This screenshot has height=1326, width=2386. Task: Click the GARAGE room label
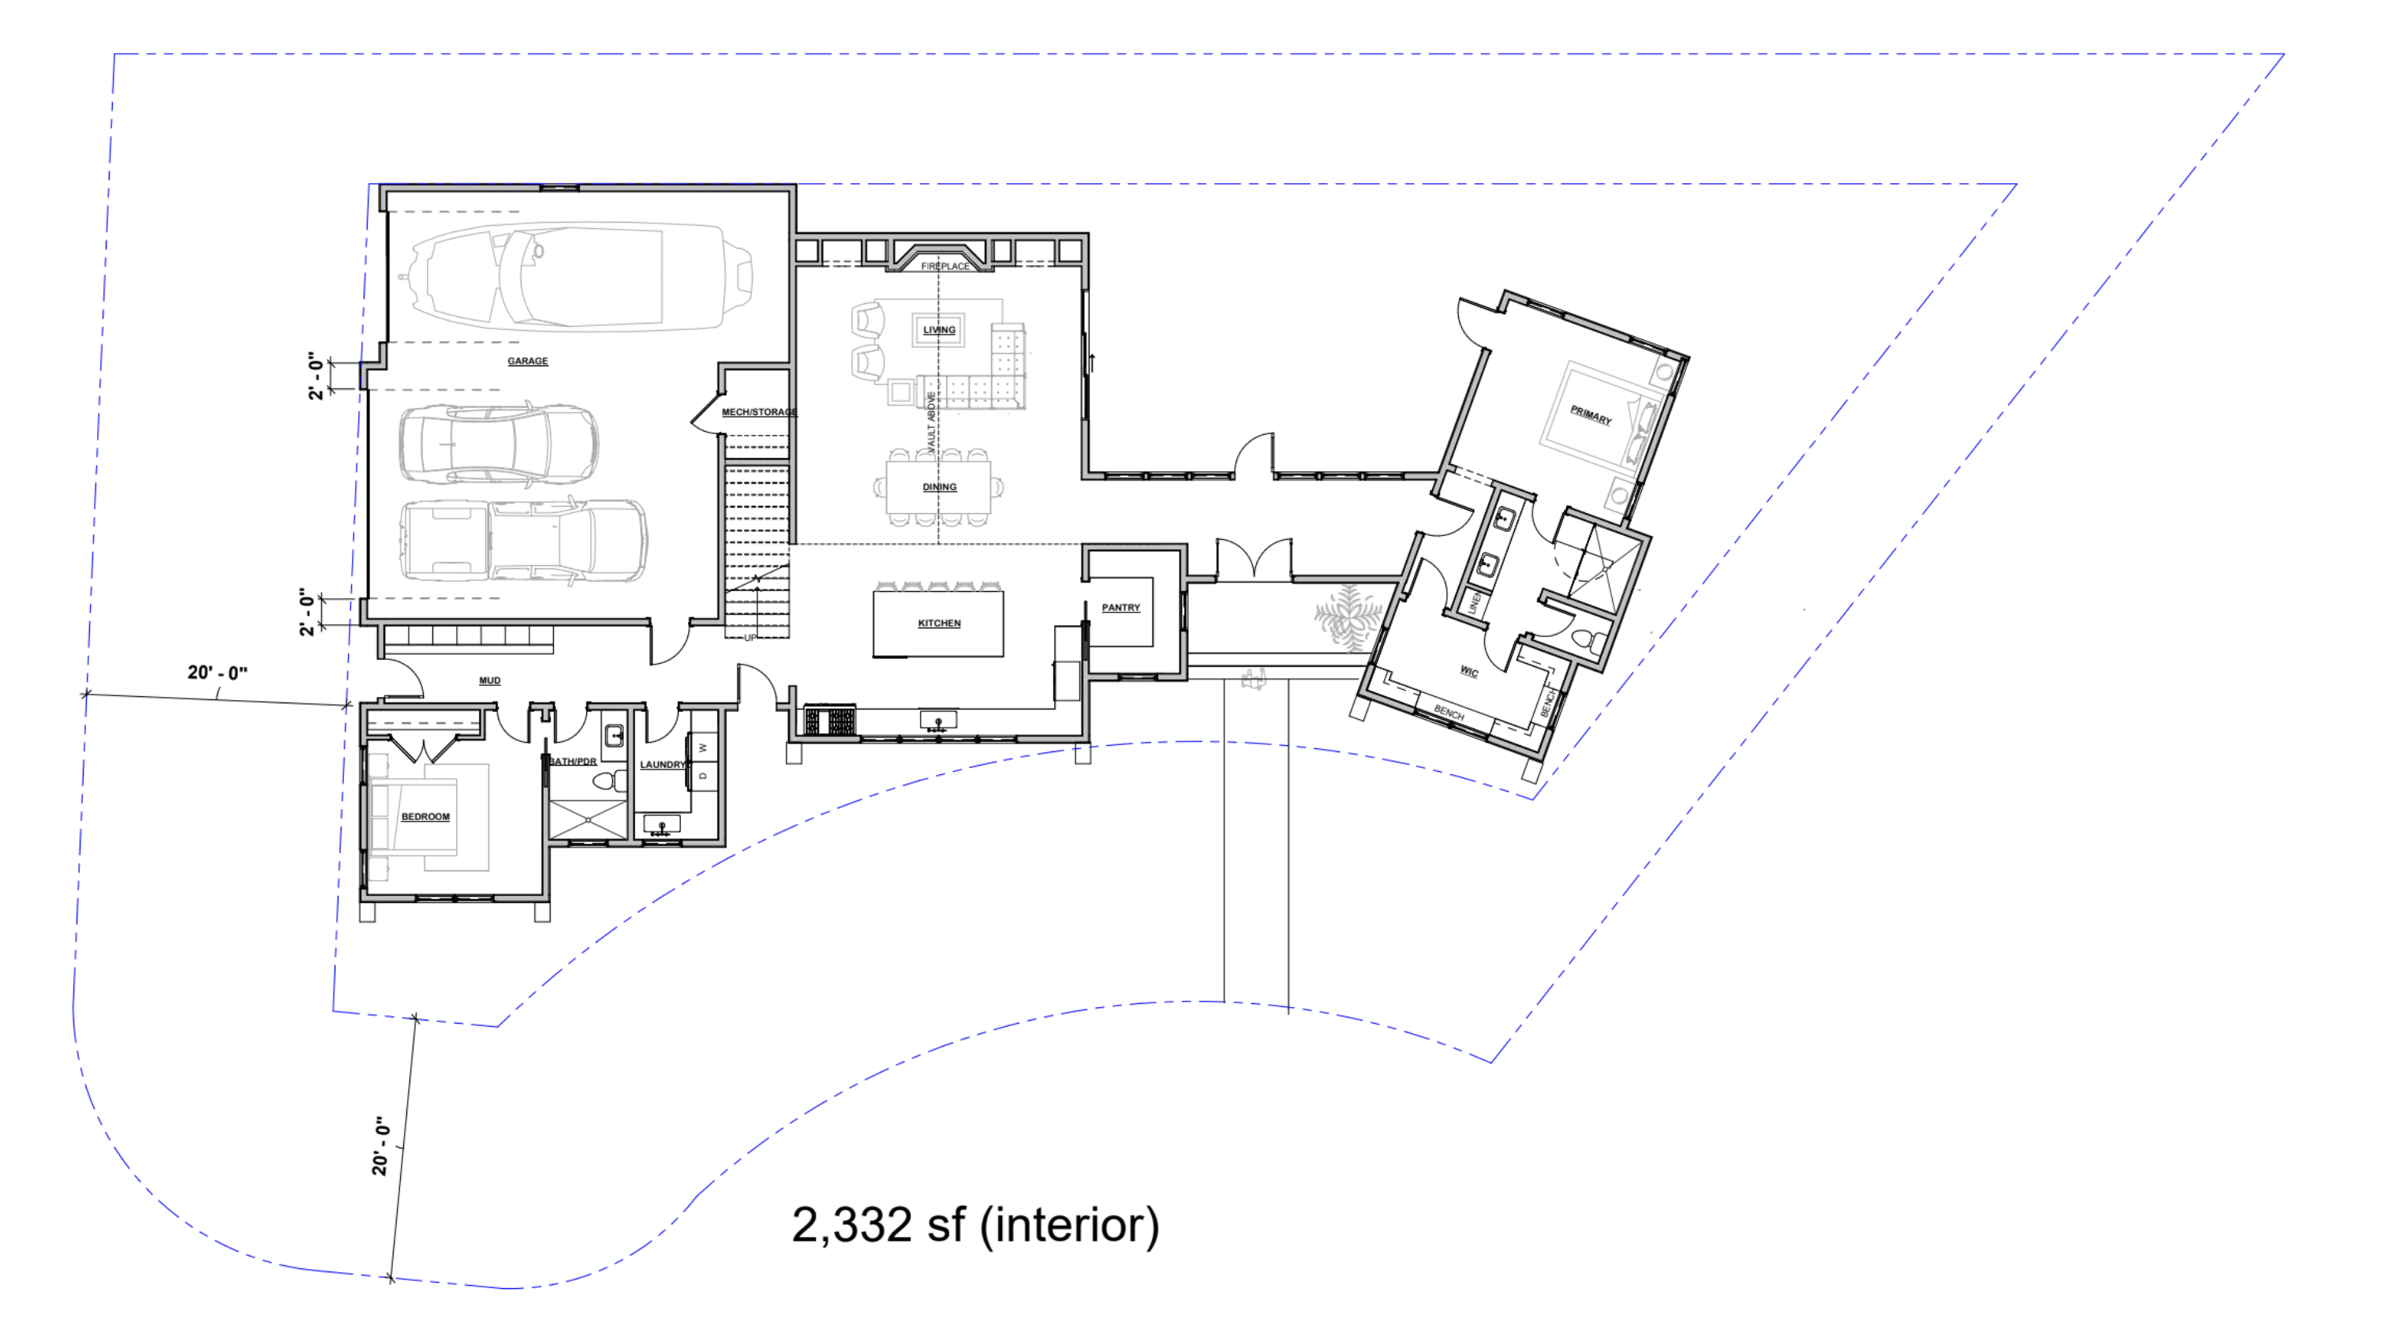(x=527, y=361)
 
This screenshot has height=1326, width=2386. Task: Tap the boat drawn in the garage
(x=579, y=275)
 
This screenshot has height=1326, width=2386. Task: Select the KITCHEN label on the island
(x=938, y=624)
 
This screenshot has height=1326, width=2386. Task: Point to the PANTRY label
(x=1120, y=608)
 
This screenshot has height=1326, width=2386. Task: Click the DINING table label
(x=938, y=488)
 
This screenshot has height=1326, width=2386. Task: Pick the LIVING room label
(x=938, y=330)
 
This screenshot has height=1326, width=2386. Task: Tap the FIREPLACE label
(x=944, y=267)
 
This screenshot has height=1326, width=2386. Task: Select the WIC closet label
(x=1469, y=672)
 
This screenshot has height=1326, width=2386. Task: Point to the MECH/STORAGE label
(x=758, y=412)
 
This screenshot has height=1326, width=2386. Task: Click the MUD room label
(x=489, y=681)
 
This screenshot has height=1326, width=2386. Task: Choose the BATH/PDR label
(x=572, y=762)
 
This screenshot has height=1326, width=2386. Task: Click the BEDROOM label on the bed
(x=425, y=817)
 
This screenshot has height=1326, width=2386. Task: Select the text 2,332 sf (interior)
(x=974, y=1225)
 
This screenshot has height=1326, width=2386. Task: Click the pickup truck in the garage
(x=523, y=542)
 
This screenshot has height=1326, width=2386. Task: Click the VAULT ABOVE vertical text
(x=932, y=421)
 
